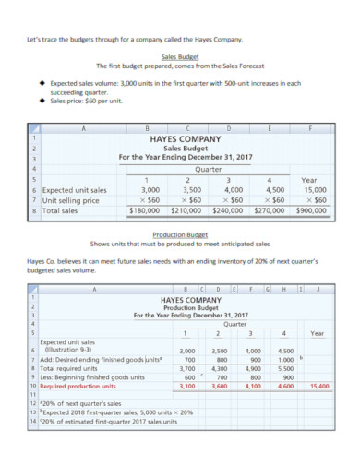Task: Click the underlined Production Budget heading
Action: click(x=181, y=234)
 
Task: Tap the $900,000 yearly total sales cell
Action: click(x=311, y=210)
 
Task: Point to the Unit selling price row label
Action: click(x=73, y=200)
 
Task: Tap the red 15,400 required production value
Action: click(x=319, y=387)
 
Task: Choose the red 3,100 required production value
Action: click(x=186, y=387)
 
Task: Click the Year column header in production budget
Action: click(x=317, y=332)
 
